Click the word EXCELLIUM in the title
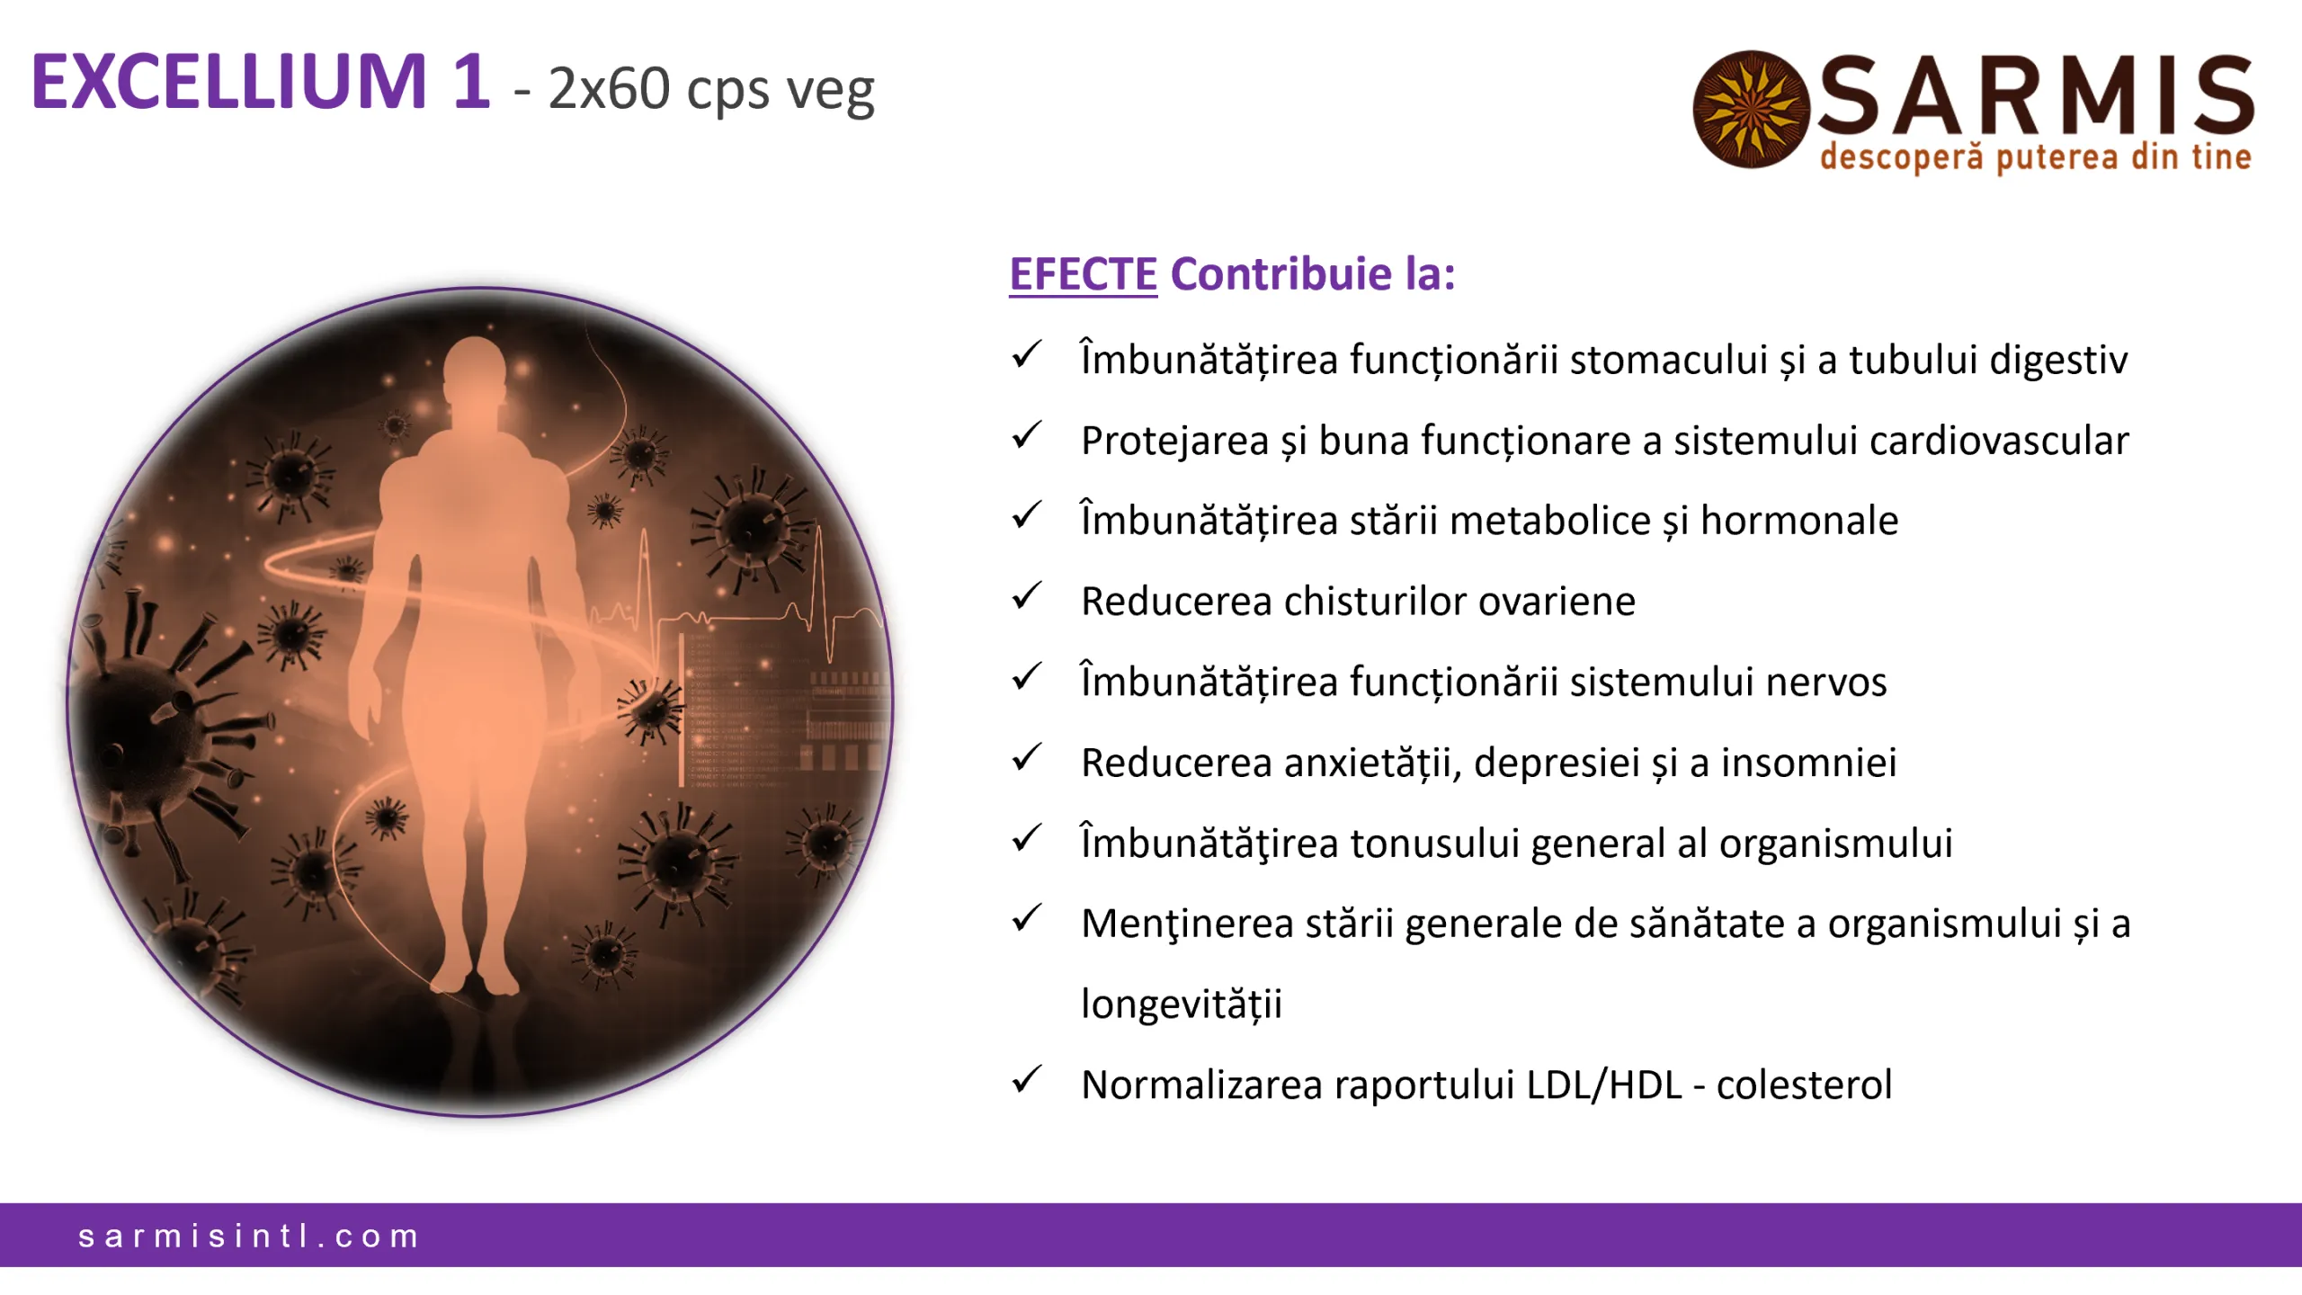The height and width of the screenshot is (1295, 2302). coord(229,83)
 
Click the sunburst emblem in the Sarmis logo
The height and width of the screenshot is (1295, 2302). coord(1750,109)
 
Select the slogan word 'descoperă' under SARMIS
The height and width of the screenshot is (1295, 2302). coord(1901,157)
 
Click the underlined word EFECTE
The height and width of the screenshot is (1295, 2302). coord(1083,274)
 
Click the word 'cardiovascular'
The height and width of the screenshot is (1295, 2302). coord(1999,441)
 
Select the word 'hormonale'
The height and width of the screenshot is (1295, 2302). coord(1799,521)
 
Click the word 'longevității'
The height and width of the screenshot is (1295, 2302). coord(1182,1005)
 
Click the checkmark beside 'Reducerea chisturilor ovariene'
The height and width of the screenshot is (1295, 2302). coord(1026,596)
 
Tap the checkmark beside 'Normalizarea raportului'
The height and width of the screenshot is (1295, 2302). coord(1026,1079)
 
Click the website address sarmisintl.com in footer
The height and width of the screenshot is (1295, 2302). coord(249,1237)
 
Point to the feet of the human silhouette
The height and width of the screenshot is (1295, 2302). coord(474,980)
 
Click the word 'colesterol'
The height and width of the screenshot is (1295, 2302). coord(1804,1085)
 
